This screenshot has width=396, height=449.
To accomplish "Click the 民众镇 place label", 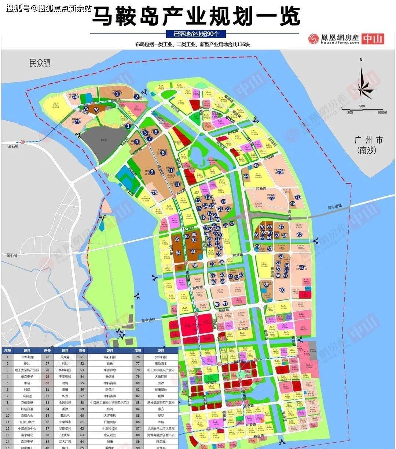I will (40, 63).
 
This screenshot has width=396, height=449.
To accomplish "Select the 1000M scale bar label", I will (381, 112).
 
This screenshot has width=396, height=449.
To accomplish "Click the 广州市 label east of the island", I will (368, 140).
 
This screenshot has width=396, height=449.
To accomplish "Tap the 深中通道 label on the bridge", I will (334, 206).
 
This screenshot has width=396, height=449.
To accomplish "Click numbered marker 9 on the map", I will (151, 171).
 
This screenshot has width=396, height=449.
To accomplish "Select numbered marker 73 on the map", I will (279, 171).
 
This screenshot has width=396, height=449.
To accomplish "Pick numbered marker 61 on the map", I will (301, 267).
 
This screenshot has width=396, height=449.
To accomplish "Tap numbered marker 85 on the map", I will (177, 239).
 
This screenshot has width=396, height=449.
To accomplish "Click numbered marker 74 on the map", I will (75, 97).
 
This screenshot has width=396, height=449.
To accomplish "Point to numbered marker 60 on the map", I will (282, 290).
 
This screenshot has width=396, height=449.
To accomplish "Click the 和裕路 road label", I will (261, 188).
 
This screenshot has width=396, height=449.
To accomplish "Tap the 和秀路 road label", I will (197, 288).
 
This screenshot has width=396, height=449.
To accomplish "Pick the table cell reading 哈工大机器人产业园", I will (161, 370).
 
